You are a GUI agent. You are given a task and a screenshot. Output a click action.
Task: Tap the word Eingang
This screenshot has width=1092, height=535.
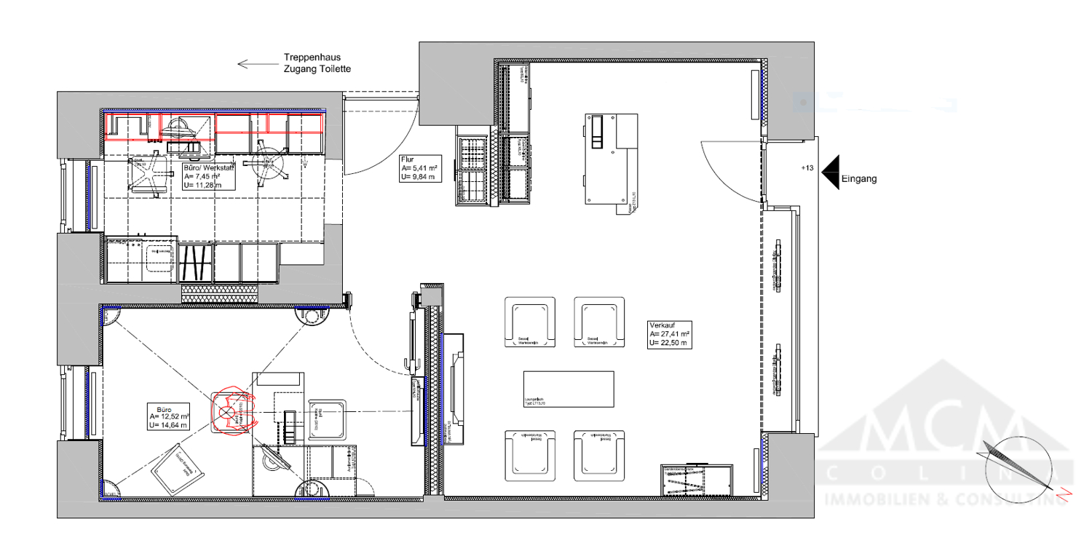[x=858, y=178]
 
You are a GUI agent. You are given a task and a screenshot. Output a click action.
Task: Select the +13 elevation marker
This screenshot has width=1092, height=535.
[x=807, y=168]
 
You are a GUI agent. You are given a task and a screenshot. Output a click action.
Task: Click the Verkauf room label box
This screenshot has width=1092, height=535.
[x=669, y=335]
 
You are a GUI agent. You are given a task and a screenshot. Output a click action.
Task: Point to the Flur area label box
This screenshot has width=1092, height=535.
[x=420, y=168]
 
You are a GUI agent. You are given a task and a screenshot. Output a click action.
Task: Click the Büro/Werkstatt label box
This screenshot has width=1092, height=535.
[x=207, y=176]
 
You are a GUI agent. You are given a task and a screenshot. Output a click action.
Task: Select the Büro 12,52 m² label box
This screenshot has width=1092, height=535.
[x=169, y=416]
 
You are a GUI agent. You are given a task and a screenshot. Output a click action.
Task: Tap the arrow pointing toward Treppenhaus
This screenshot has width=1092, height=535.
[x=253, y=64]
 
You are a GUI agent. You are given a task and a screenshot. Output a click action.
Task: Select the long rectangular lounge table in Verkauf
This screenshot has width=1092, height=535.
[x=568, y=389]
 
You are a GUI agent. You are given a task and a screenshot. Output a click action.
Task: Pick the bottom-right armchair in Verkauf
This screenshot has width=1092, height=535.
[x=599, y=456]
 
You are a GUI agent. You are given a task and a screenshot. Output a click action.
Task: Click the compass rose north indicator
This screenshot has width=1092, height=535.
[x=1018, y=466]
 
